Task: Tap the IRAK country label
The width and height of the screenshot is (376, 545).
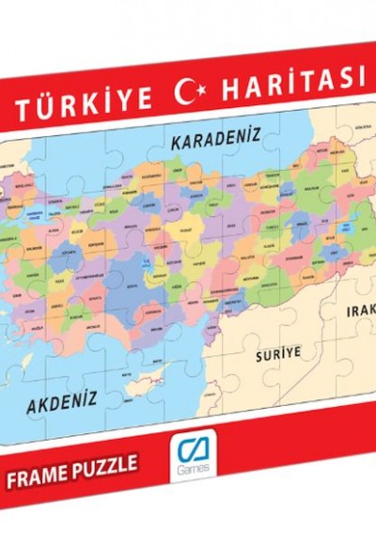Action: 362,310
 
